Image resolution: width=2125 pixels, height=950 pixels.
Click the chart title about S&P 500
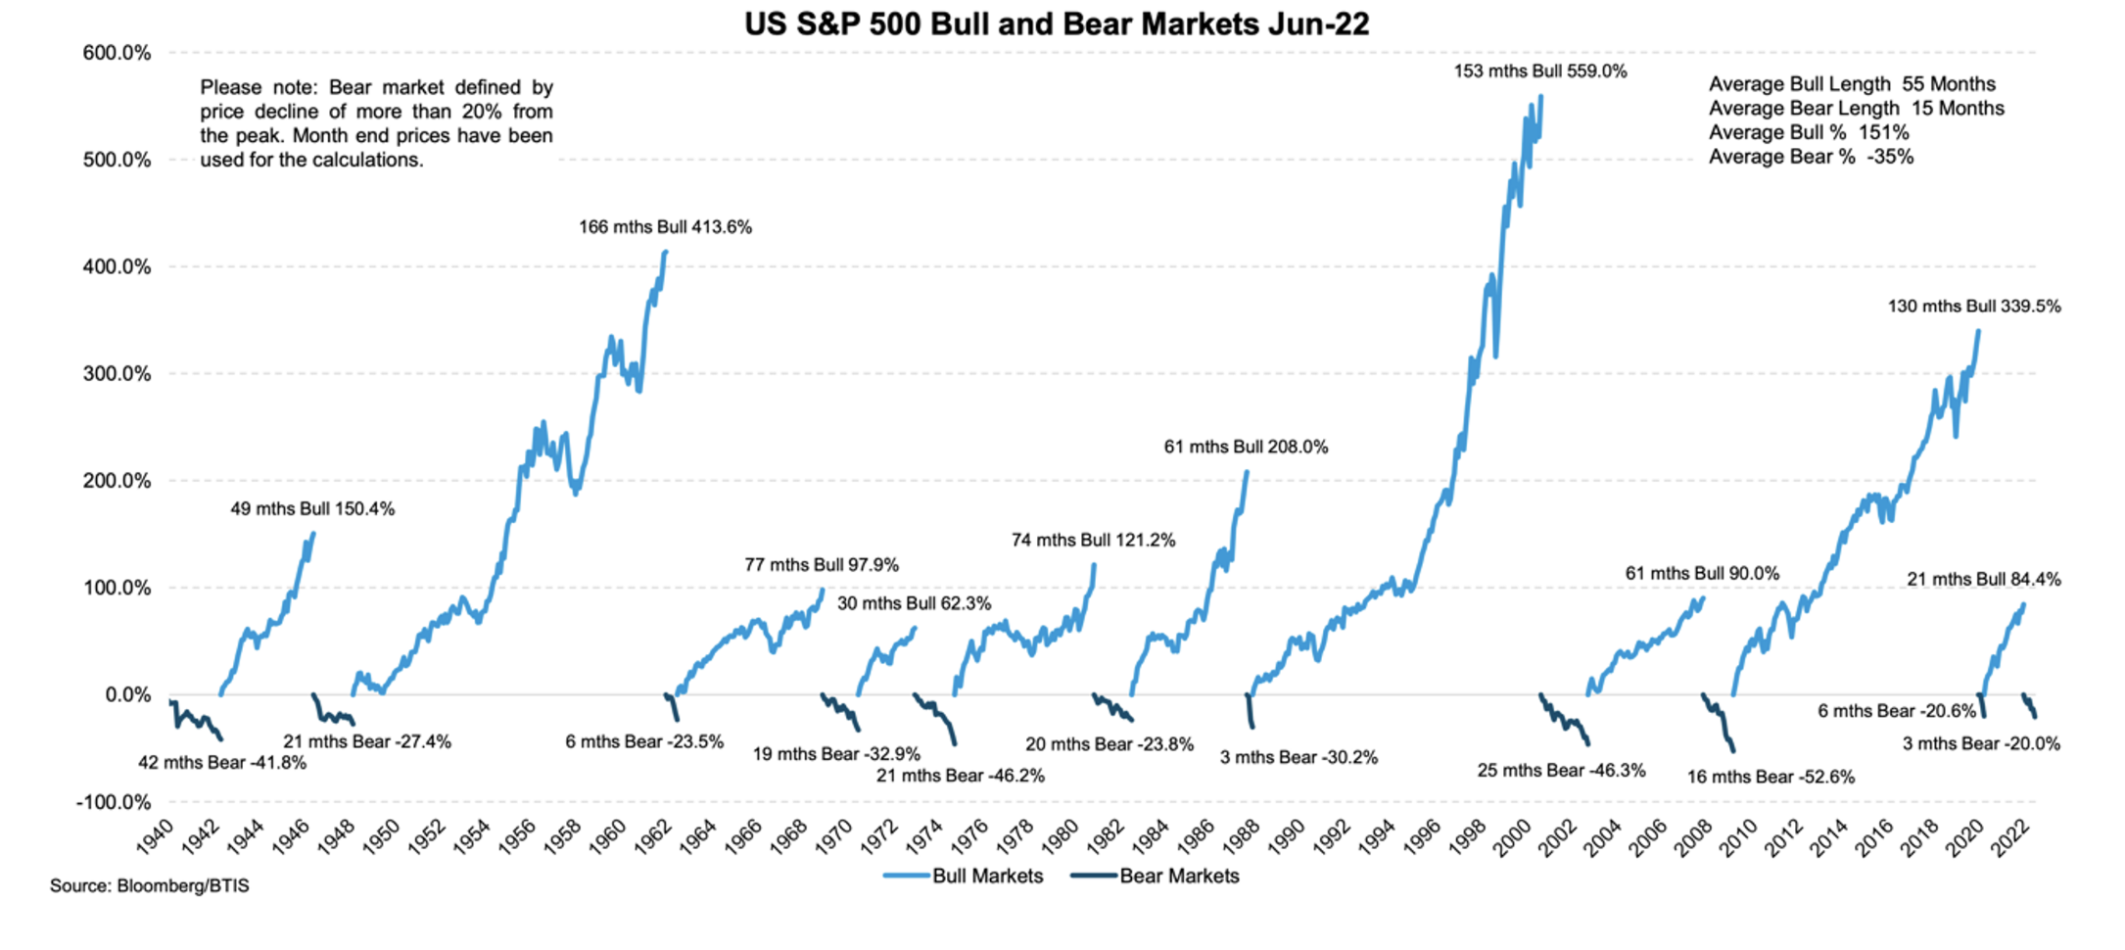tap(1057, 24)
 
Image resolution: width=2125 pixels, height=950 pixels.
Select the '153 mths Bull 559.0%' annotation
tap(1539, 71)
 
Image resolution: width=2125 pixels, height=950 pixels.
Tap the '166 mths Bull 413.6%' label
tap(665, 227)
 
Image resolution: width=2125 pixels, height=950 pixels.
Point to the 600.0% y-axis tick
tap(117, 53)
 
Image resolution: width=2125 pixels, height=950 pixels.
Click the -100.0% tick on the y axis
tap(114, 802)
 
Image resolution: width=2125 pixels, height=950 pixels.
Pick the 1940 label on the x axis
tap(154, 836)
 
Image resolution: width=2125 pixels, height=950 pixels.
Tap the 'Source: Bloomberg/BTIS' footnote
tap(150, 886)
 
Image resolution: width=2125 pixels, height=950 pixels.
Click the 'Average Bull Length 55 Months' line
tap(1852, 84)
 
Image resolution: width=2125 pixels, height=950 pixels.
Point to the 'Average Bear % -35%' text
tap(1811, 157)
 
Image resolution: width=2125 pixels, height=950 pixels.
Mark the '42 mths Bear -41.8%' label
tap(221, 763)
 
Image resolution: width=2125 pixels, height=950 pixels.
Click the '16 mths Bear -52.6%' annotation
tap(1771, 778)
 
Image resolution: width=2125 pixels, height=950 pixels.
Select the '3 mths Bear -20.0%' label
tap(1981, 744)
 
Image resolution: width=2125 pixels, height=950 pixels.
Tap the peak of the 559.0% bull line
tap(1541, 96)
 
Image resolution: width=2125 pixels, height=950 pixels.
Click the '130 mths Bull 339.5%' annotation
tap(1973, 307)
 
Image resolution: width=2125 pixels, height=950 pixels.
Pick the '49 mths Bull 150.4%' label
tap(312, 509)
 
